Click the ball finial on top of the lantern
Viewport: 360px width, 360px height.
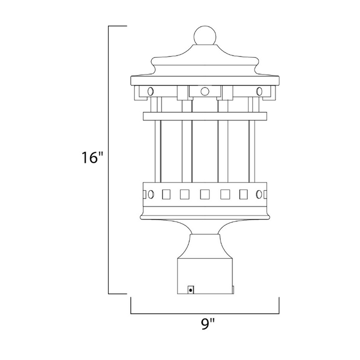coord(205,35)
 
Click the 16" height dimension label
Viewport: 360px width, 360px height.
coord(92,157)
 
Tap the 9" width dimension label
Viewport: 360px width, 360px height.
coord(208,324)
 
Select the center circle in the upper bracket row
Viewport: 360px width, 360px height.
coord(205,92)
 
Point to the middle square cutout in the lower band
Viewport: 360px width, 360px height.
coord(205,194)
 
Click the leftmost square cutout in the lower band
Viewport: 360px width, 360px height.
coord(166,194)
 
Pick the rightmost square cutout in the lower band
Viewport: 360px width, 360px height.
coord(243,194)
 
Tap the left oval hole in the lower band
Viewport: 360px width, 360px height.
coord(151,194)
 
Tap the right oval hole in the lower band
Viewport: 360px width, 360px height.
coord(259,194)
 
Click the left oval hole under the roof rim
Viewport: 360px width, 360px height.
coord(151,92)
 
